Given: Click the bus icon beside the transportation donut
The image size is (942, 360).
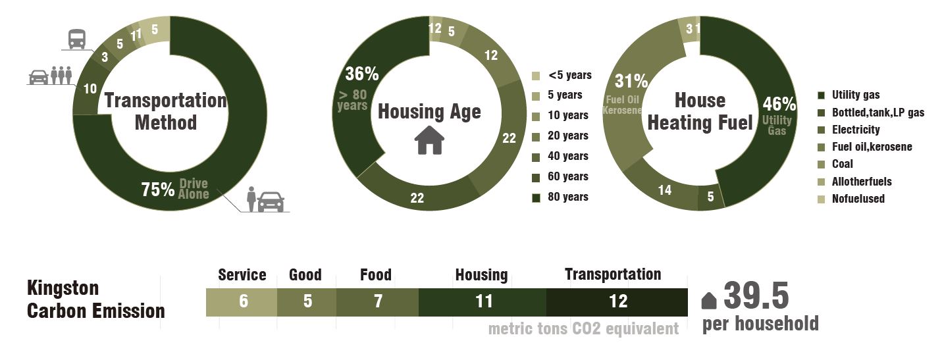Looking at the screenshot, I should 76,39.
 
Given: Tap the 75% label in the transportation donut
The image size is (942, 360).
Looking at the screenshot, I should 158,190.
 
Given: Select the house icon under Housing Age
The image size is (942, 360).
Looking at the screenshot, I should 429,140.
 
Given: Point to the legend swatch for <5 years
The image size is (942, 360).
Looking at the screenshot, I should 536,75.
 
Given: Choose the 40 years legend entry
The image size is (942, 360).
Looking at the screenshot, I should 567,156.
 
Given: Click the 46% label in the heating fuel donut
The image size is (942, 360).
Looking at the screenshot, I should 779,104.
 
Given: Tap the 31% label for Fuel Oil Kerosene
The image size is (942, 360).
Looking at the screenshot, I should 631,81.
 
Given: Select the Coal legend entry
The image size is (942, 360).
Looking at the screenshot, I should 842,164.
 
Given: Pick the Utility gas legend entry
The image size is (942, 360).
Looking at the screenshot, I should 855,95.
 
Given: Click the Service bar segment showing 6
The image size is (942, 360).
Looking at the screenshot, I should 242,301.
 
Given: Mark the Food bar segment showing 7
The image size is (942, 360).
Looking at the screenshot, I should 377,301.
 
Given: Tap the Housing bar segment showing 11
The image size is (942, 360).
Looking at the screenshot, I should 483,301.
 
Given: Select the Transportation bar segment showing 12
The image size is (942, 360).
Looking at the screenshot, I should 617,301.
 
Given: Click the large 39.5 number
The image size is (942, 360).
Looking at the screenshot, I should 756,296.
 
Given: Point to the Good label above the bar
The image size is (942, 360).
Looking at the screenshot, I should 305,274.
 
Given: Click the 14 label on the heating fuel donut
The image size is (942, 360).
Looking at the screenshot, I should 664,190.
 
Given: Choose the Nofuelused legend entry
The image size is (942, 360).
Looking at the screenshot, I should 858,198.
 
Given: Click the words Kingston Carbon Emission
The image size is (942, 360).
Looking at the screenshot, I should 95,299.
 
